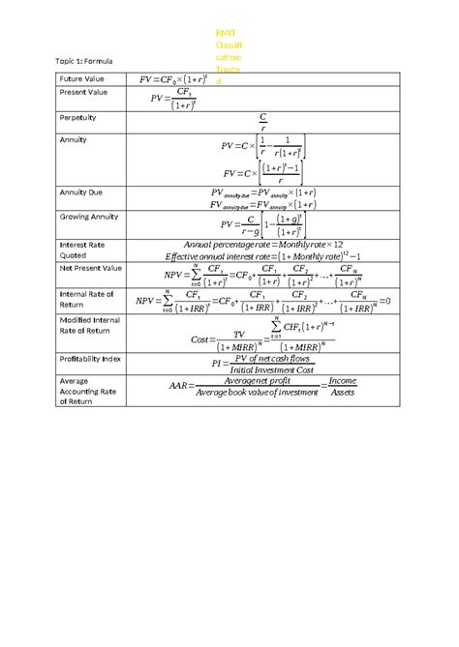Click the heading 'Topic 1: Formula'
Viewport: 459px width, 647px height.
(x=86, y=61)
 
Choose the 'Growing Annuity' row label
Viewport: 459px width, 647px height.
(x=91, y=217)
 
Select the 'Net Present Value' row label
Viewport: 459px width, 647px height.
(x=90, y=267)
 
